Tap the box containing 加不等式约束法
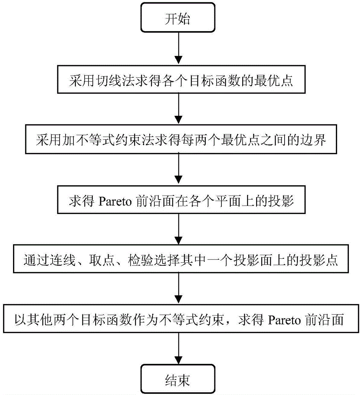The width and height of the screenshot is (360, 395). point(179,140)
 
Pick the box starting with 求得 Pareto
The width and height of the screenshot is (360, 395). point(179,201)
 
